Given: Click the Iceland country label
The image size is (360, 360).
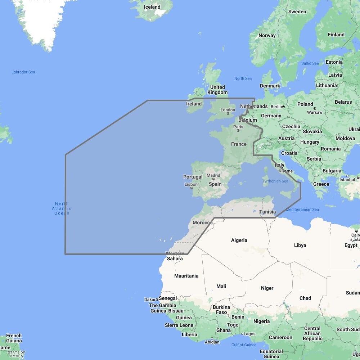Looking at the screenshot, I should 152,7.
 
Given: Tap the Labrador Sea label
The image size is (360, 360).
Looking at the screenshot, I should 23,72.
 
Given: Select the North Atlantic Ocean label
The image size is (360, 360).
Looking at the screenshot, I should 62,208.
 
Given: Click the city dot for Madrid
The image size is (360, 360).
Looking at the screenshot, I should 213,179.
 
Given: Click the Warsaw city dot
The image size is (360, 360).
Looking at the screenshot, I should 315,108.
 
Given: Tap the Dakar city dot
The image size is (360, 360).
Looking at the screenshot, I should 157,299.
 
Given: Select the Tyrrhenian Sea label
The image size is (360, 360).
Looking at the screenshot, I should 275,181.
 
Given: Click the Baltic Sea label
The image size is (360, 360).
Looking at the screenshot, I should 310,63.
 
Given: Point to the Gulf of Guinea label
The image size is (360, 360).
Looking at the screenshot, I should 244,345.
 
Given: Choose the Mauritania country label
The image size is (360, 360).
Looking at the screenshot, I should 186,276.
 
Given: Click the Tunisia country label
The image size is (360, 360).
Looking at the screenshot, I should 267,212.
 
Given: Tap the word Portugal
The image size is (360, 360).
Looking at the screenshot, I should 193,177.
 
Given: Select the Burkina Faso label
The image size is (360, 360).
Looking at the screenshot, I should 221,310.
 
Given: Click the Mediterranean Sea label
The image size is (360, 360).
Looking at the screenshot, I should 302,210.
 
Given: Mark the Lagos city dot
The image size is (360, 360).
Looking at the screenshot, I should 242,334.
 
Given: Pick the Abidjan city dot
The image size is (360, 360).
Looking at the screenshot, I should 212,338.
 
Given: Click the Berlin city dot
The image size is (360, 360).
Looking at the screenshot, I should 284,107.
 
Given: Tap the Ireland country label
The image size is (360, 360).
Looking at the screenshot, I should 194,104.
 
